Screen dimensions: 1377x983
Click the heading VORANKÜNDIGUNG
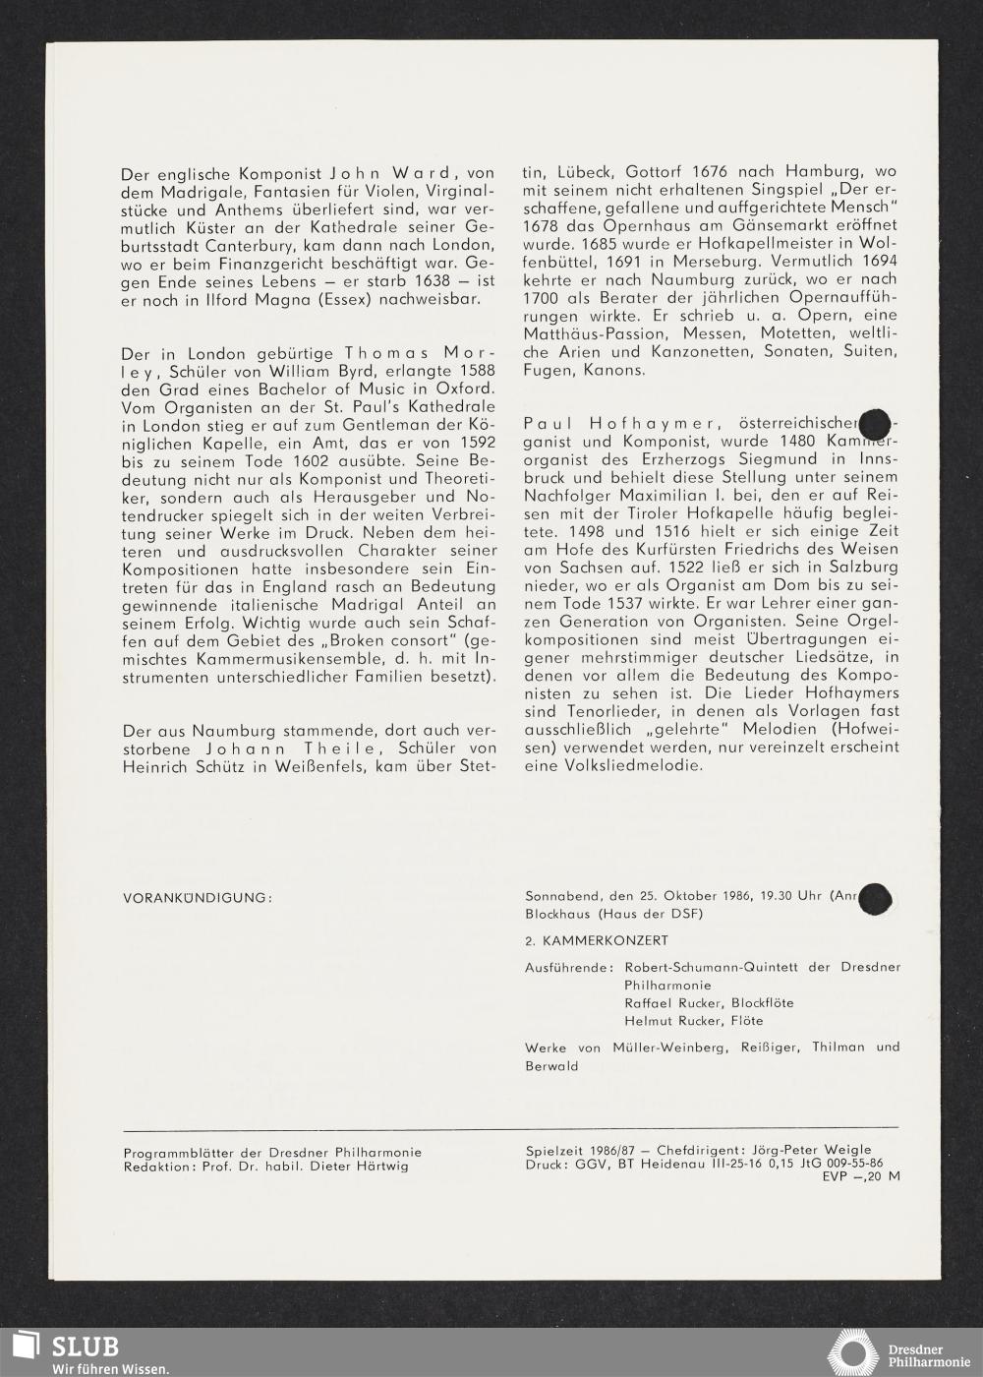coord(197,897)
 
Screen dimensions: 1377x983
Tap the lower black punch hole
coord(874,898)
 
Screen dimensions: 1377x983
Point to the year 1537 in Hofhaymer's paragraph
coord(623,604)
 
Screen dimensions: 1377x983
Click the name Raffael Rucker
coord(668,1002)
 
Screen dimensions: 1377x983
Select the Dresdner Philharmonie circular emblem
coord(851,1352)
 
